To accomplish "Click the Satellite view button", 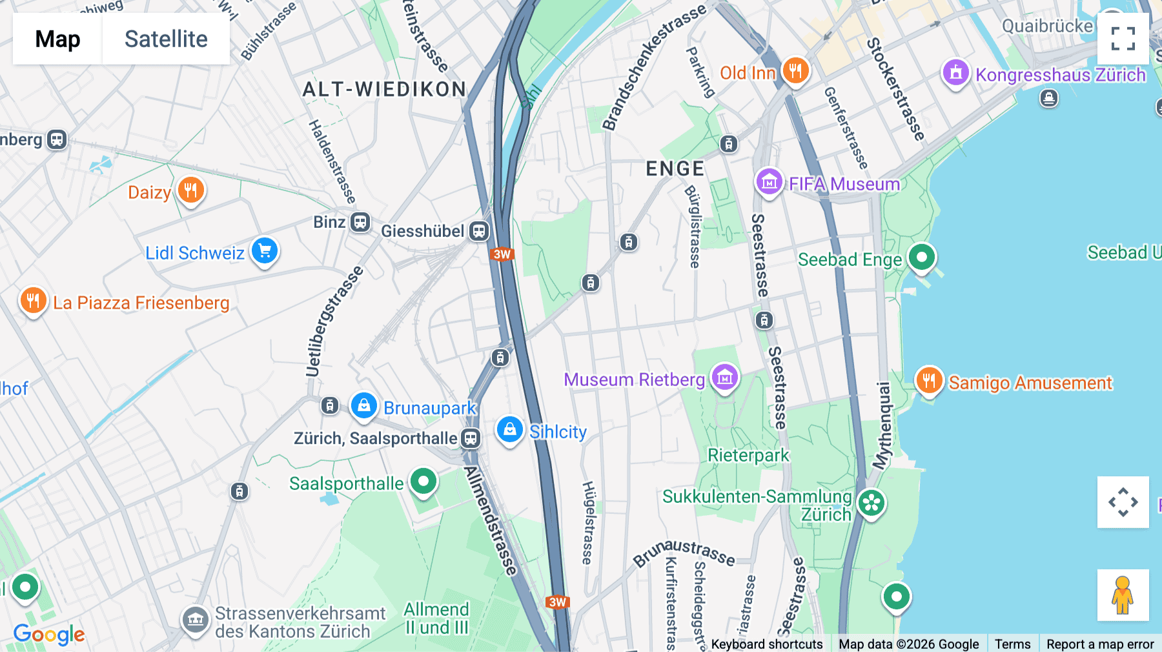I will coord(166,39).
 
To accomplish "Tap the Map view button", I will coord(57,39).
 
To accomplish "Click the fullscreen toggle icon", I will coord(1123,39).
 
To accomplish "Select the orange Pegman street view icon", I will coord(1123,595).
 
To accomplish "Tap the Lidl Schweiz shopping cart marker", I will coord(265,250).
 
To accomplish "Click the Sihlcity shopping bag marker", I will coord(509,429).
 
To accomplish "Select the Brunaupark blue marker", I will coord(363,406).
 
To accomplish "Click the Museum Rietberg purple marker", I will coord(724,377).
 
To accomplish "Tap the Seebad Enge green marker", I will coord(921,257).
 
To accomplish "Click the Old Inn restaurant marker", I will coord(795,70).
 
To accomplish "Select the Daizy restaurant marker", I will coord(190,190).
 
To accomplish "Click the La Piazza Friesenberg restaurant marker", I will coord(33,301).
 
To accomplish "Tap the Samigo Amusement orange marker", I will coord(929,381).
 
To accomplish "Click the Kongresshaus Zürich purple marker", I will coord(955,72).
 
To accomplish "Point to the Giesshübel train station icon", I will coord(479,231).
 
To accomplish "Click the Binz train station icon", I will coord(360,223).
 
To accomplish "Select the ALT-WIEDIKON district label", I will coord(385,89).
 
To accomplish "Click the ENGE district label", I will coord(675,169).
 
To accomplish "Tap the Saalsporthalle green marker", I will coord(423,482).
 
